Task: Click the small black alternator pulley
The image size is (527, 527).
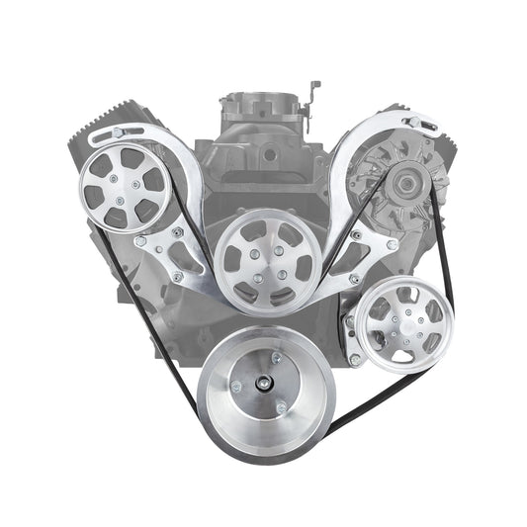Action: (403, 181)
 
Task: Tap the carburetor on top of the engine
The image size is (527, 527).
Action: (263, 109)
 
